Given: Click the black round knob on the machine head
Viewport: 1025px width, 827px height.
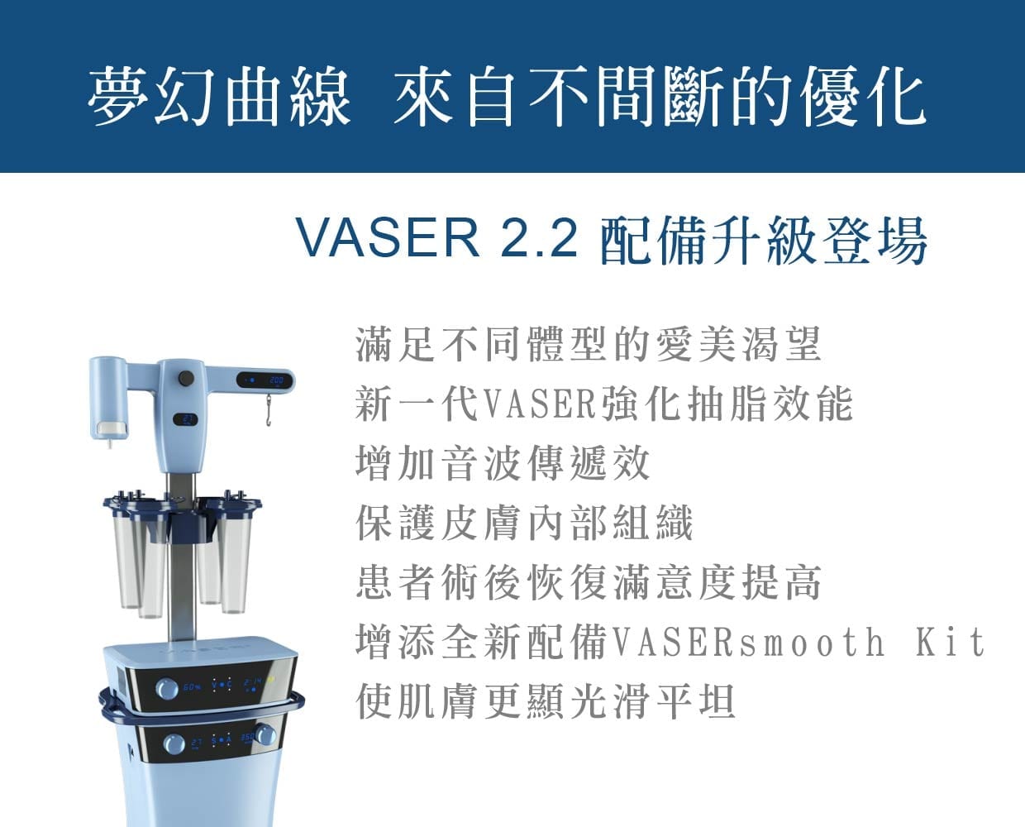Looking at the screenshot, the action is [185, 379].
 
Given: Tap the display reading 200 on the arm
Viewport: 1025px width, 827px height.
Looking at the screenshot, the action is [265, 380].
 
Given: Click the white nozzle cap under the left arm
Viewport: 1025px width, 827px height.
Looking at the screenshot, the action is [112, 428].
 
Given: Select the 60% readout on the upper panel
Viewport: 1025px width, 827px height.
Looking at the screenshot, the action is [192, 688].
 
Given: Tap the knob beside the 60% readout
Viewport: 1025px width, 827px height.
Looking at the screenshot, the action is [167, 689].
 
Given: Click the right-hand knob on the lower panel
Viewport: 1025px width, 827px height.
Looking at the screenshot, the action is [265, 735].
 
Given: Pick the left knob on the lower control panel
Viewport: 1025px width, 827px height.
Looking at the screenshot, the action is [174, 744].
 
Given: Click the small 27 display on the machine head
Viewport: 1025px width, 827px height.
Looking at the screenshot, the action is [185, 419].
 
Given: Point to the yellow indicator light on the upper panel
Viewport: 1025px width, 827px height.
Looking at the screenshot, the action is [271, 680].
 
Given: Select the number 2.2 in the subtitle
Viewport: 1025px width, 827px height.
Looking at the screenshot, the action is [539, 237].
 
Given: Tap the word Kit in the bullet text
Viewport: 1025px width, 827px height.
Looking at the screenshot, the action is [951, 642].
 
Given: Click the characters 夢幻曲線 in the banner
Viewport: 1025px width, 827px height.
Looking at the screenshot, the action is [219, 97].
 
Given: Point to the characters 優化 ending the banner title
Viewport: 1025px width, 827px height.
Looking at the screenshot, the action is [863, 97].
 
